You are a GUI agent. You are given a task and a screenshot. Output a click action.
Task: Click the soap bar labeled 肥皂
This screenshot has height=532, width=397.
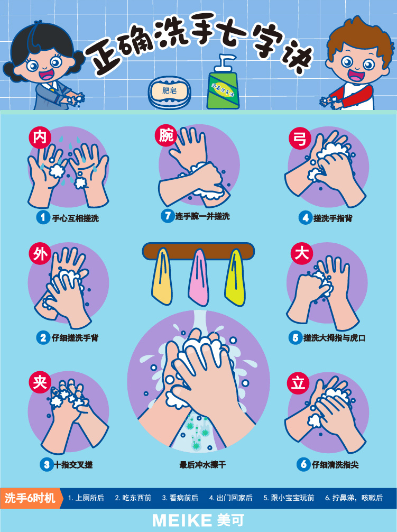coord(170,91)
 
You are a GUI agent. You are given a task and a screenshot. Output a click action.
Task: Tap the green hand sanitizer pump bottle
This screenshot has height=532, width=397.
coord(223,84)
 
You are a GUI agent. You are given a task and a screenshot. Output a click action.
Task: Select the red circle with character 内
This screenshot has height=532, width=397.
coord(40,137)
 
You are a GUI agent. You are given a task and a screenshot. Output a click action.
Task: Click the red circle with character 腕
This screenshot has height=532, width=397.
coord(166,135)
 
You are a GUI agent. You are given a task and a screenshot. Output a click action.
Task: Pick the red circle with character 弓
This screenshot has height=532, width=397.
coord(300,139)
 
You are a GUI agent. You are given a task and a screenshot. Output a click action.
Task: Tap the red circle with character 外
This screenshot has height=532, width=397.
coord(40,254)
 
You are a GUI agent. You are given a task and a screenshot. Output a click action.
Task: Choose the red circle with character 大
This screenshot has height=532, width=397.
coord(301,253)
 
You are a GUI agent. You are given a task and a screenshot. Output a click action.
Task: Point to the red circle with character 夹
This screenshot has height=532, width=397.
coord(40,382)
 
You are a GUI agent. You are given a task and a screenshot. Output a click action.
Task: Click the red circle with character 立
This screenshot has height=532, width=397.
coord(298,383)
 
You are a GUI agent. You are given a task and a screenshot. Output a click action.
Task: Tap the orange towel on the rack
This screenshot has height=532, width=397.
coord(162,276)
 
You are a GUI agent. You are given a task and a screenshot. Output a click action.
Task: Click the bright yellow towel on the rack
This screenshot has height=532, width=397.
coord(235,277)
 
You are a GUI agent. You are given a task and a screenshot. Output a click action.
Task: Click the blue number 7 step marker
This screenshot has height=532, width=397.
coord(168,216)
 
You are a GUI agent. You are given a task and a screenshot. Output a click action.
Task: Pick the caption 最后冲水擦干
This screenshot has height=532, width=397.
coord(202,464)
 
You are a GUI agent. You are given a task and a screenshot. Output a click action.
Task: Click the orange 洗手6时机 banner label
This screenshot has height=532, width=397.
coord(31,498)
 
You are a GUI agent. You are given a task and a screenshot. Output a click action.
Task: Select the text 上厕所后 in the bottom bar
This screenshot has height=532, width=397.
coord(89,498)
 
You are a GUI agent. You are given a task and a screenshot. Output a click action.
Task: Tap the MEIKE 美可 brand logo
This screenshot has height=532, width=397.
coord(198,520)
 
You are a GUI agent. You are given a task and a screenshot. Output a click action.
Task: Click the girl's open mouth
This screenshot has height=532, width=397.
coord(45,74)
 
